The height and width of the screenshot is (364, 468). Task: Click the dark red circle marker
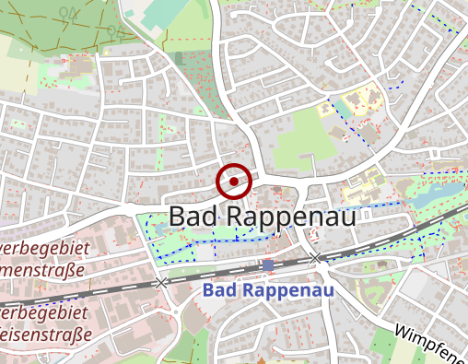[234, 182]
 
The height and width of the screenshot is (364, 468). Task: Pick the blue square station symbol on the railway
[268, 265]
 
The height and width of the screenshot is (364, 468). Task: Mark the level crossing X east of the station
[316, 257]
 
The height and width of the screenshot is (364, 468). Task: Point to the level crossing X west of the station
[163, 282]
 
